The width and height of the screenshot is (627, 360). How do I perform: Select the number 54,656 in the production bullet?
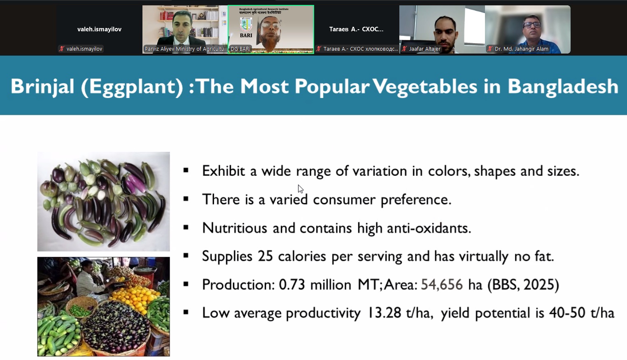(x=442, y=285)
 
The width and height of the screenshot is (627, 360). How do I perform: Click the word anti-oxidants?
(x=429, y=228)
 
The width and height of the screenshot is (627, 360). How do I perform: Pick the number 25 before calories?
(x=265, y=256)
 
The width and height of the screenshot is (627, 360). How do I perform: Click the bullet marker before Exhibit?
(x=186, y=171)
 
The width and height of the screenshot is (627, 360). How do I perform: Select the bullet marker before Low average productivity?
(x=186, y=312)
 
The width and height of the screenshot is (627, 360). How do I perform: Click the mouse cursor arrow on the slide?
(x=301, y=189)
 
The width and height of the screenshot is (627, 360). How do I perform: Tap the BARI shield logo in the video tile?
(x=246, y=25)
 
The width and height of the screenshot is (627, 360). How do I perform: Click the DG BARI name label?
(x=240, y=49)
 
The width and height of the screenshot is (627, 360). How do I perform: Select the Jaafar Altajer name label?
(x=424, y=49)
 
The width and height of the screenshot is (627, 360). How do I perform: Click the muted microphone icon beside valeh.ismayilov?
(x=62, y=49)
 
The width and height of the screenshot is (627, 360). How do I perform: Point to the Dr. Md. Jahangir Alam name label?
(x=521, y=49)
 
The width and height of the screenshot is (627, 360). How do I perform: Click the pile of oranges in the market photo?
(x=134, y=297)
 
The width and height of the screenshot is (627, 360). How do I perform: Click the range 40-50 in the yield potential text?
(x=567, y=313)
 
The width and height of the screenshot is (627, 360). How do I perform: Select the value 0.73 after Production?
(x=291, y=285)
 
